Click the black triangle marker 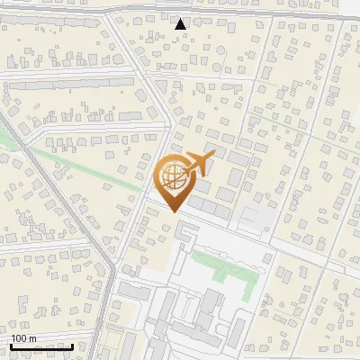coord(182,24)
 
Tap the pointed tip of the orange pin coord(172,211)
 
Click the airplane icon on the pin coord(197,164)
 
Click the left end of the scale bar coord(11,346)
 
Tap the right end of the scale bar coord(73,346)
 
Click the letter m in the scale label coord(33,338)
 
